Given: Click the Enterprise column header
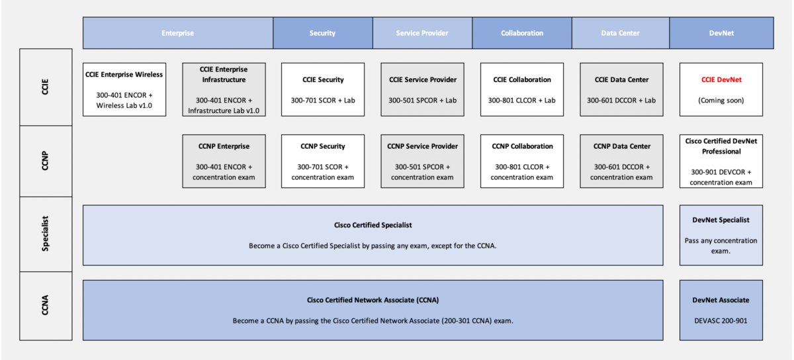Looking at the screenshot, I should click(177, 33).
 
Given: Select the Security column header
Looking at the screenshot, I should click(322, 33).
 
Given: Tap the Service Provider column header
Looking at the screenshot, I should click(422, 33).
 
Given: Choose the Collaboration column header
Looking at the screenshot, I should click(522, 33).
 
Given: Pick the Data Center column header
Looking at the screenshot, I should click(621, 33).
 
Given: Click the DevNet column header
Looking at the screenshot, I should click(721, 33).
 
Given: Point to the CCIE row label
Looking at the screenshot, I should click(46, 87).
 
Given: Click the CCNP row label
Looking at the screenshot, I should click(46, 161).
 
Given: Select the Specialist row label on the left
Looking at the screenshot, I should click(46, 234).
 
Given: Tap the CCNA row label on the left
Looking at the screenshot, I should click(46, 306).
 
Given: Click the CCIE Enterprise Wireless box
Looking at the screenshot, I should click(124, 89).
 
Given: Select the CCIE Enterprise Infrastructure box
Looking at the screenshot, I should click(224, 89).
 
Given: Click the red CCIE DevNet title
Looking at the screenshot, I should click(721, 79).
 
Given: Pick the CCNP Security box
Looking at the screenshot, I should click(323, 161).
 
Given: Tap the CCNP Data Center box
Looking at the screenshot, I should click(621, 161).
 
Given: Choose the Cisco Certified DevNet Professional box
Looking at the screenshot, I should click(721, 161).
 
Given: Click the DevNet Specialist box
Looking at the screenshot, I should click(721, 235).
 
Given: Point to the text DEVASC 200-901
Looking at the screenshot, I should click(721, 320).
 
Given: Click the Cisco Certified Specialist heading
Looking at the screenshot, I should click(373, 225).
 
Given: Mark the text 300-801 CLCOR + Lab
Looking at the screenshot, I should click(522, 101).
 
